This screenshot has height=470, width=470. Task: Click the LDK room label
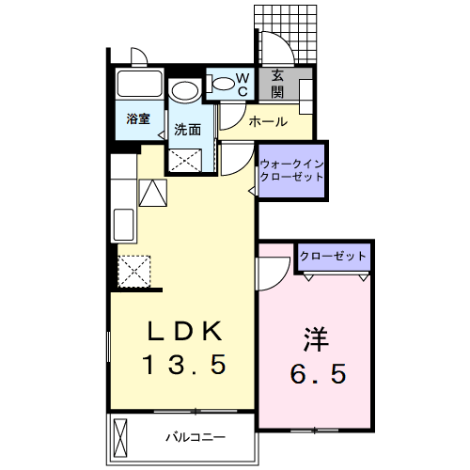[x=184, y=331]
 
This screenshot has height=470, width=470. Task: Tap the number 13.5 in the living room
[x=184, y=364]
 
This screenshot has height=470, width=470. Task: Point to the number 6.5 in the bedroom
[x=317, y=373]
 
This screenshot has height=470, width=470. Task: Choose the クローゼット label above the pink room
[x=334, y=256]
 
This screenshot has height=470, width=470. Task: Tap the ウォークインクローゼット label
[x=291, y=169]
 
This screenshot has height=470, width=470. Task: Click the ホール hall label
[x=268, y=120]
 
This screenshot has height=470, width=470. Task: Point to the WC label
[x=241, y=85]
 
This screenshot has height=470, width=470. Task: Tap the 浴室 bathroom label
[x=138, y=118]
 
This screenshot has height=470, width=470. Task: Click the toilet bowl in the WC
[x=222, y=85]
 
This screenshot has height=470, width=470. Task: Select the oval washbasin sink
[x=185, y=90]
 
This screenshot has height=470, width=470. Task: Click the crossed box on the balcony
[x=120, y=437]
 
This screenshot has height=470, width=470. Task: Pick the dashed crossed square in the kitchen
[x=134, y=273]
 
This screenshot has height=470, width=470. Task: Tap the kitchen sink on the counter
[x=124, y=226]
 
